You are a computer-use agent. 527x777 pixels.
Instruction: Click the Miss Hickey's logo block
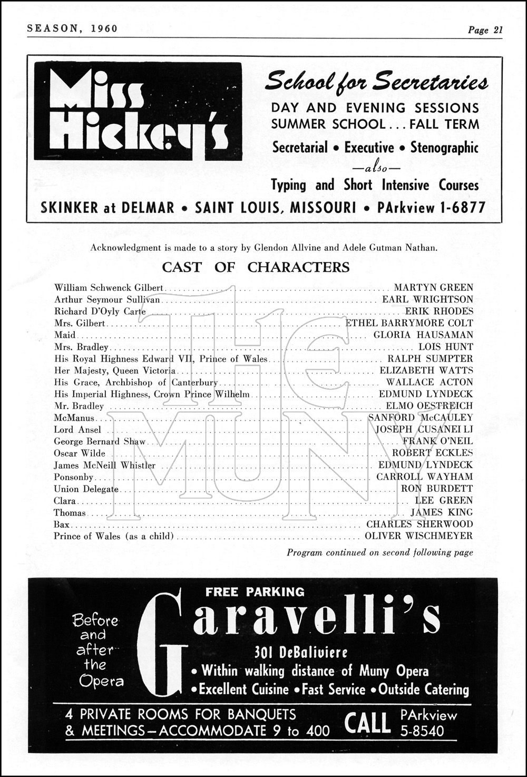(x=138, y=111)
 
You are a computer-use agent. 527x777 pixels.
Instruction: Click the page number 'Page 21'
(x=485, y=30)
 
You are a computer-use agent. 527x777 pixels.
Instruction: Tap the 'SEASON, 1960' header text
(x=72, y=28)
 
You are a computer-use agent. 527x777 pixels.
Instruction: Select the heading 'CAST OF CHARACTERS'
(x=256, y=267)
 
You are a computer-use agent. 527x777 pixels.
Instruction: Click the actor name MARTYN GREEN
(x=433, y=288)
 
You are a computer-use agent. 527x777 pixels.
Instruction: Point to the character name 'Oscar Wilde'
(x=80, y=453)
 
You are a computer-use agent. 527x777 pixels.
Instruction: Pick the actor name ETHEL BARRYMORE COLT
(x=409, y=323)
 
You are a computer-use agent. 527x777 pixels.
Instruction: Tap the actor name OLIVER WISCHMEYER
(x=418, y=536)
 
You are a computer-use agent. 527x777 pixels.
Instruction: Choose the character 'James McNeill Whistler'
(x=104, y=465)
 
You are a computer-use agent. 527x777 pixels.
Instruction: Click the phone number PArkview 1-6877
(x=431, y=208)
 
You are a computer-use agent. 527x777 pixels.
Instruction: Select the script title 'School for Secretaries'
(x=376, y=82)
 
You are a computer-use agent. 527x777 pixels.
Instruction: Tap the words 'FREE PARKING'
(x=255, y=592)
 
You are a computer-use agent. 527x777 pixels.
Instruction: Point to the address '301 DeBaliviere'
(x=301, y=653)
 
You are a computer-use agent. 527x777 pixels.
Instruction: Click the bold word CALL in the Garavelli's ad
(x=367, y=723)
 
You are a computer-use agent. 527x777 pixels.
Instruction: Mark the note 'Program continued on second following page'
(x=379, y=553)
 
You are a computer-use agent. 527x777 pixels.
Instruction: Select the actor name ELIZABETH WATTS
(x=426, y=371)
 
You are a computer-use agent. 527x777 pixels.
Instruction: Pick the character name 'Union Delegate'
(x=86, y=489)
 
